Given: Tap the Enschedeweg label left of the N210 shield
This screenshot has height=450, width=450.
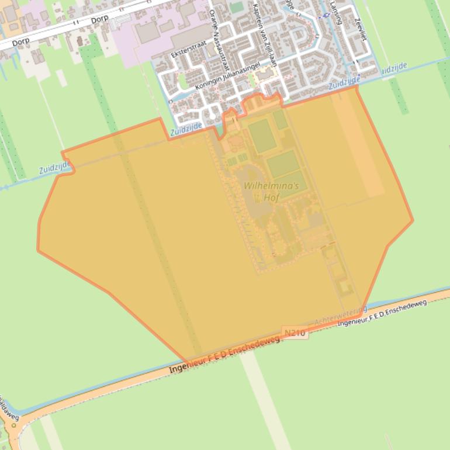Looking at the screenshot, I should pyautogui.click(x=225, y=355).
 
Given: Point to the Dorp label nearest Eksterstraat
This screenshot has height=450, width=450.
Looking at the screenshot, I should pyautogui.click(x=100, y=20).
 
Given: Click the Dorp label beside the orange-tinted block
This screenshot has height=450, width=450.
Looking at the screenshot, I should pyautogui.click(x=20, y=41).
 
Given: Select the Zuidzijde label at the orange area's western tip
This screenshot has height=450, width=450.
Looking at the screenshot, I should pyautogui.click(x=56, y=168).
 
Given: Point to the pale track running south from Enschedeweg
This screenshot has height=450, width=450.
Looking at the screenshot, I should pyautogui.click(x=266, y=403).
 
